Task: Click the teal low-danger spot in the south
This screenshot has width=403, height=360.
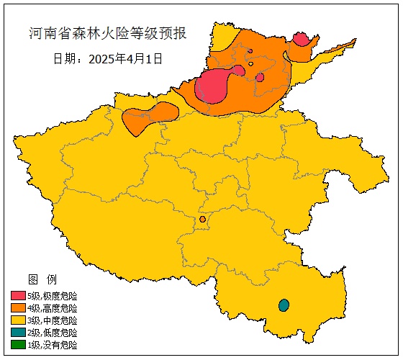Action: [x=284, y=305]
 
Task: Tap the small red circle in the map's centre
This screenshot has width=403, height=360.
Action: [x=203, y=219]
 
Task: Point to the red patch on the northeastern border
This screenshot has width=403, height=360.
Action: [x=301, y=39]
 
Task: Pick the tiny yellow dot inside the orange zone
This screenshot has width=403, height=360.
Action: [x=251, y=64]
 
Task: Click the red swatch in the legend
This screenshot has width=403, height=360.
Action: [x=18, y=296]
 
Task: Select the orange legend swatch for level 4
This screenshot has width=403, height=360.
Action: [x=18, y=308]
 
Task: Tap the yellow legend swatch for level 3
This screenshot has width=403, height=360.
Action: [x=18, y=320]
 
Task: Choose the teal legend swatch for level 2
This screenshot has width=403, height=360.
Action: [x=18, y=333]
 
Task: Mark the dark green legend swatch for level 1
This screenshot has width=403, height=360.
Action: [x=18, y=345]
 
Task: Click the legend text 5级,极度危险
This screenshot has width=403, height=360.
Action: [x=52, y=296]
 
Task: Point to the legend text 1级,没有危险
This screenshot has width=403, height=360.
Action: [x=52, y=345]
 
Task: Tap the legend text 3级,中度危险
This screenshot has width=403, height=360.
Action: [x=52, y=320]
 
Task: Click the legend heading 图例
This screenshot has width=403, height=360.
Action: [x=42, y=279]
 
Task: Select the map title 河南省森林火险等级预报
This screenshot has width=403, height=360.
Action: [x=107, y=33]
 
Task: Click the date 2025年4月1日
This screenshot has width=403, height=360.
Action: [x=126, y=58]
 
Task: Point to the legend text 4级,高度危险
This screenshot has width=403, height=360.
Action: [x=52, y=308]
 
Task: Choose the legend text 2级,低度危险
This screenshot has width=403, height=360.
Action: [x=52, y=333]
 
